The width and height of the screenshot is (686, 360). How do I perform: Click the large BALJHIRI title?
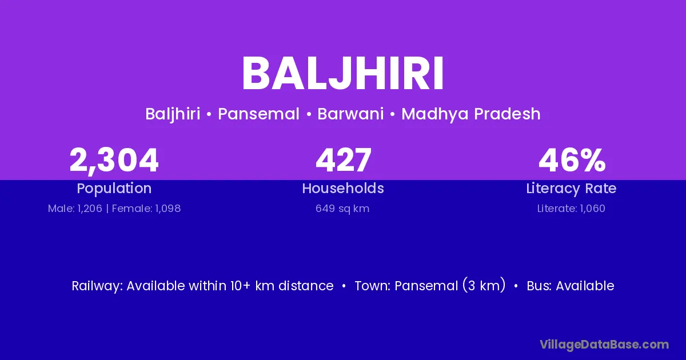tap(342, 74)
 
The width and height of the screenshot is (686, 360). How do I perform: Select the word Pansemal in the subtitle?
tap(258, 114)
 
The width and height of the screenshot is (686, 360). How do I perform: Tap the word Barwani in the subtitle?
tap(350, 114)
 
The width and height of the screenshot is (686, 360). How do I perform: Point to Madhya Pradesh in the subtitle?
tap(471, 114)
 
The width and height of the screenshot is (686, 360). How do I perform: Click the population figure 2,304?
tap(114, 161)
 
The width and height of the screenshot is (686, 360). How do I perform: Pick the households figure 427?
tap(344, 160)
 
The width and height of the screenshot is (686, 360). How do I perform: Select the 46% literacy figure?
tap(572, 160)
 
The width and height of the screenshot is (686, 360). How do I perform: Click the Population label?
tap(114, 189)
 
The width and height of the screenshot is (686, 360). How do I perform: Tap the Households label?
tap(343, 188)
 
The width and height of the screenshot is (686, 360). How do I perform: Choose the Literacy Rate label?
tap(571, 189)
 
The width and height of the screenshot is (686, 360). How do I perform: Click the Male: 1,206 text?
tap(75, 209)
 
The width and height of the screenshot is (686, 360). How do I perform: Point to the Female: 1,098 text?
tap(146, 209)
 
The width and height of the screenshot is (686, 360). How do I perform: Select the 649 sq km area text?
tap(342, 209)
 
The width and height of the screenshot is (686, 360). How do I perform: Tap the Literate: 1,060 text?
tap(571, 209)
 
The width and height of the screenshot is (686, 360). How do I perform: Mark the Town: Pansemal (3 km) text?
tap(430, 286)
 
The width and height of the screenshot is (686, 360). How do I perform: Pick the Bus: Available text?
tap(571, 286)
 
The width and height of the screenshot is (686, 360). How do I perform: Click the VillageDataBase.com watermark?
tap(604, 345)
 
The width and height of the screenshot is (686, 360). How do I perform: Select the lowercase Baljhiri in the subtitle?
tap(173, 114)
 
